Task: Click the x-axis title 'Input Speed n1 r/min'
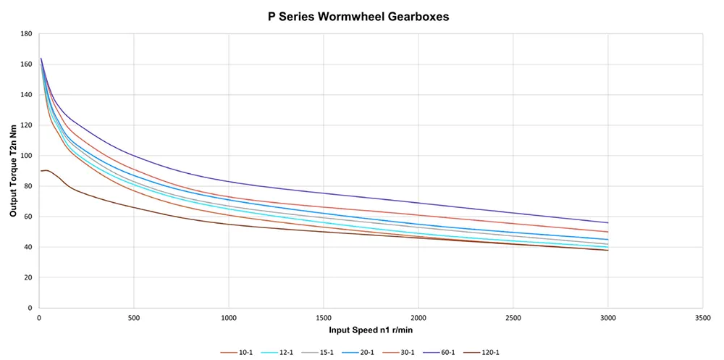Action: [371, 330]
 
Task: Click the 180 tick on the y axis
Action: [26, 34]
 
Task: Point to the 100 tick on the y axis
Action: [26, 156]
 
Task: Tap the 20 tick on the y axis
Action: [28, 277]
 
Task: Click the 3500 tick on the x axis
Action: [702, 317]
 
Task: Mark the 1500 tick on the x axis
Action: [323, 317]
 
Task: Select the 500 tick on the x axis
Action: [134, 317]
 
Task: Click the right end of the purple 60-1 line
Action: [607, 222]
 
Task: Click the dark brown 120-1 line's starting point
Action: [41, 171]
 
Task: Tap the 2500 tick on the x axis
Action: [513, 317]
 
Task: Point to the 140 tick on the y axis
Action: [26, 95]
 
